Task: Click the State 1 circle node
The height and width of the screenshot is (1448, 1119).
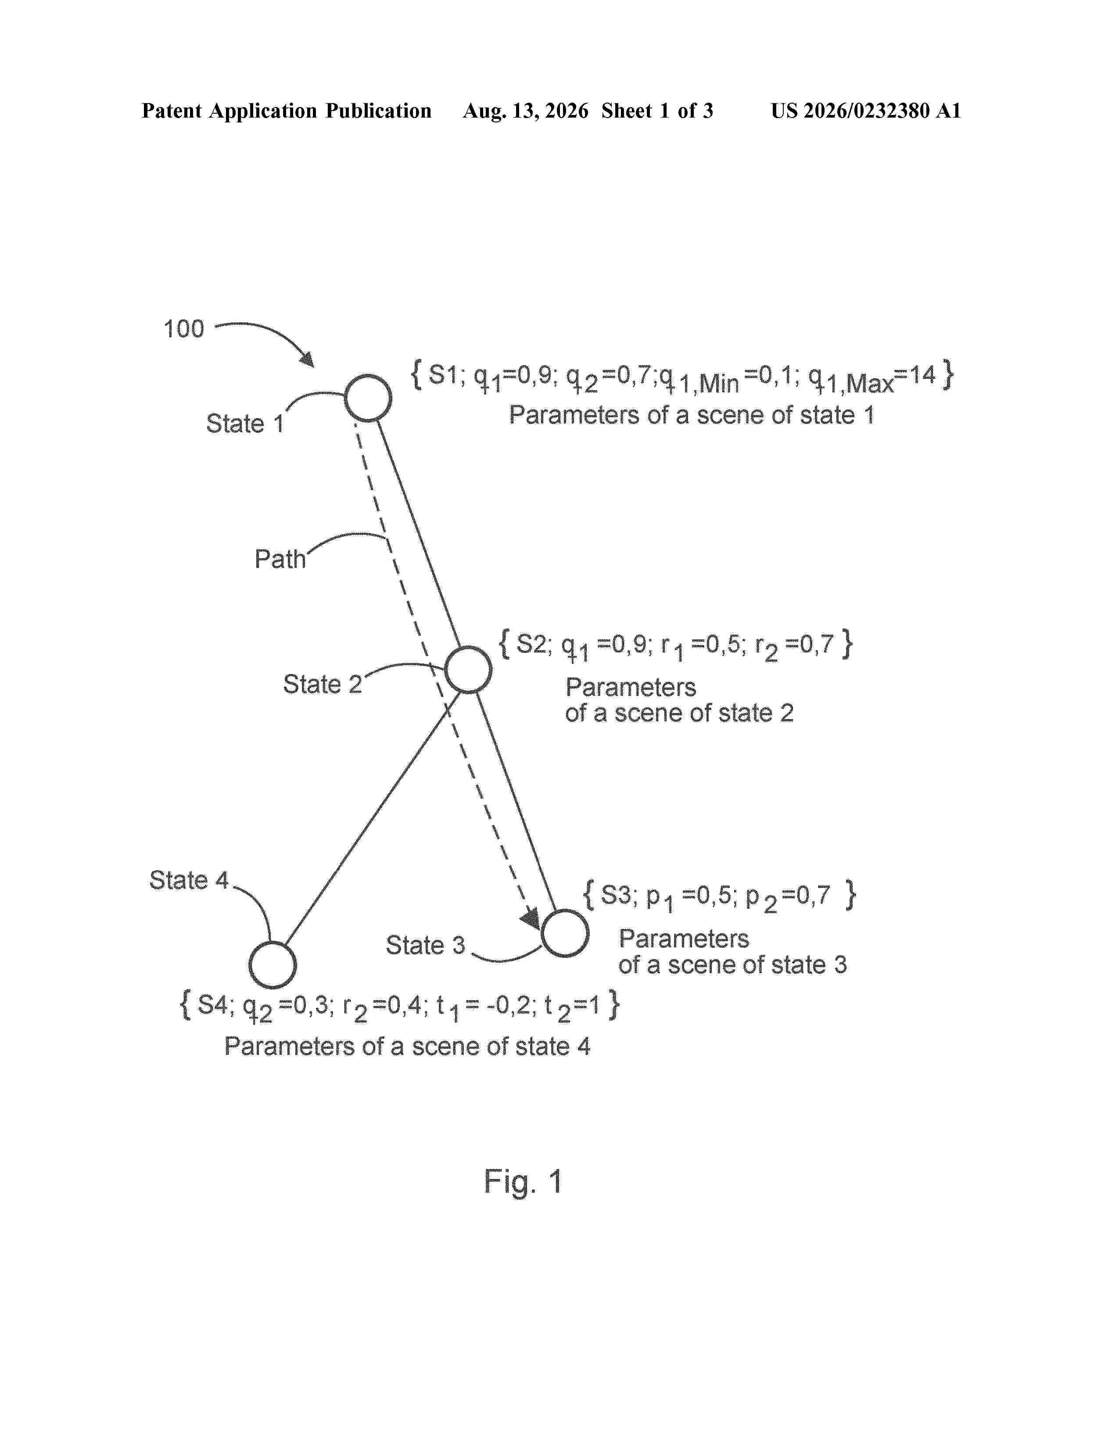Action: pyautogui.click(x=368, y=376)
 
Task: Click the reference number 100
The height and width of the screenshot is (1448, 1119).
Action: pyautogui.click(x=183, y=329)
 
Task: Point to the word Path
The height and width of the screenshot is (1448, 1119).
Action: pyautogui.click(x=280, y=559)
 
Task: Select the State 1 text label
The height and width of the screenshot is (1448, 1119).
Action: pyautogui.click(x=245, y=423)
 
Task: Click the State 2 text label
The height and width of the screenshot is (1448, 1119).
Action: pyautogui.click(x=323, y=684)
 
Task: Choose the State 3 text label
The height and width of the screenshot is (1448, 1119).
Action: pyautogui.click(x=426, y=945)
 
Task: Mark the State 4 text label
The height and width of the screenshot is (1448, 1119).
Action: pyautogui.click(x=189, y=880)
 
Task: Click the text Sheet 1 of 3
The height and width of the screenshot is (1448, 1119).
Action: pyautogui.click(x=657, y=111)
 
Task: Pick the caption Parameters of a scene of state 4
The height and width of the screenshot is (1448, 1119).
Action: pyautogui.click(x=407, y=1046)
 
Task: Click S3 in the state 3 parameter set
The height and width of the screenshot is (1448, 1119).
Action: pyautogui.click(x=616, y=895)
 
